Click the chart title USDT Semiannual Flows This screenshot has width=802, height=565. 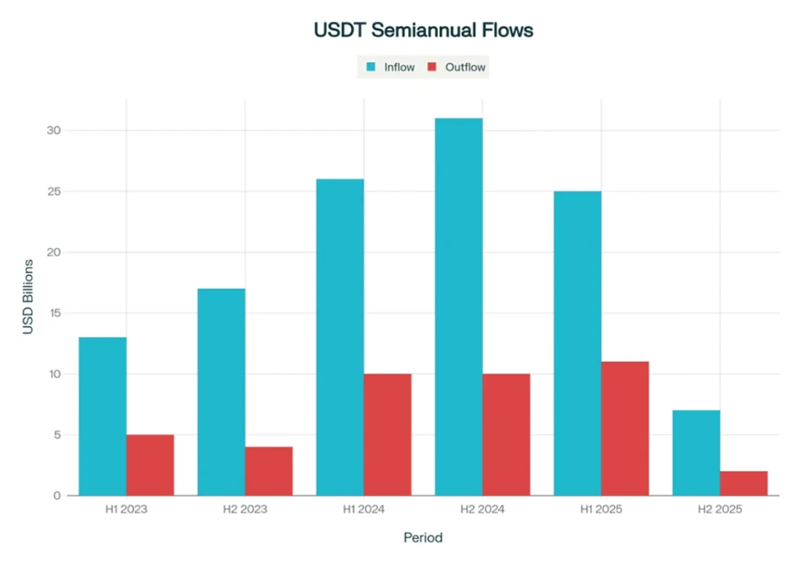tap(423, 31)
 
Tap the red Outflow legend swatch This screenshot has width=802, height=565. tap(432, 67)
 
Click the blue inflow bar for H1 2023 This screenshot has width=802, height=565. tap(103, 416)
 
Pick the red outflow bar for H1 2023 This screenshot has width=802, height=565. tap(150, 465)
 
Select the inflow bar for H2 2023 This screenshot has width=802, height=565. tap(222, 392)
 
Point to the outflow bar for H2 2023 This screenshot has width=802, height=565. tap(269, 471)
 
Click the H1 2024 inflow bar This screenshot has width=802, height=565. tap(340, 337)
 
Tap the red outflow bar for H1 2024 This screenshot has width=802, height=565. tap(388, 434)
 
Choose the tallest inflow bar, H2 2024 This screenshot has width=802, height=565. tap(459, 306)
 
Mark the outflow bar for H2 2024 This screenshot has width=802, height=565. tap(506, 434)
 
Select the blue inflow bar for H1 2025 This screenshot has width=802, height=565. tap(577, 343)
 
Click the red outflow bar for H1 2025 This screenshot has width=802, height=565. tap(625, 428)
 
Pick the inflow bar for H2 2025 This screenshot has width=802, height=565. tap(696, 453)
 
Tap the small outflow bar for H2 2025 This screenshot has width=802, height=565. tap(743, 483)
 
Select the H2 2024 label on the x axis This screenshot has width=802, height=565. tap(482, 509)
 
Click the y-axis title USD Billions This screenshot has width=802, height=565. tap(28, 296)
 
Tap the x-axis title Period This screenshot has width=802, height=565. tap(423, 538)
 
